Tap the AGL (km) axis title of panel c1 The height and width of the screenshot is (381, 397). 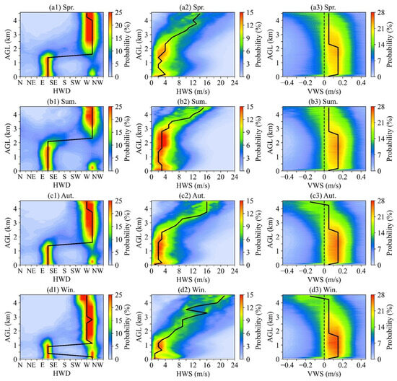(6, 233)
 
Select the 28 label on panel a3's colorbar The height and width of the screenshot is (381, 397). (384, 14)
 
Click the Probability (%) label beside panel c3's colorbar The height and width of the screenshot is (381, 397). (393, 233)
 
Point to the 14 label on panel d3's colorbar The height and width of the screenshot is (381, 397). (384, 328)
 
